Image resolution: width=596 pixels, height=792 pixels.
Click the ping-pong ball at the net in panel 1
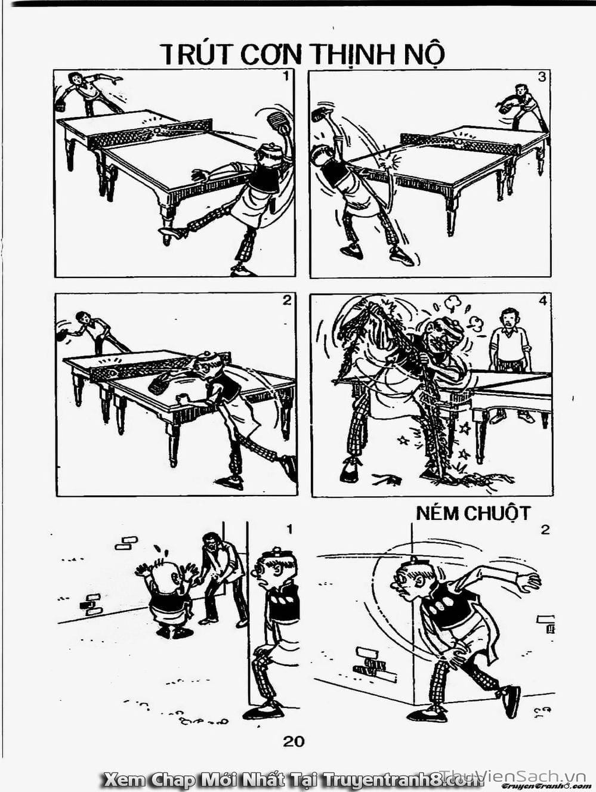(x=157, y=130)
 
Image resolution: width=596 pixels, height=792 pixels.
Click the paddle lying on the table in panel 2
(x=158, y=383)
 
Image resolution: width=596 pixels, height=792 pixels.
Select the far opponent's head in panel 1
(x=75, y=78)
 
